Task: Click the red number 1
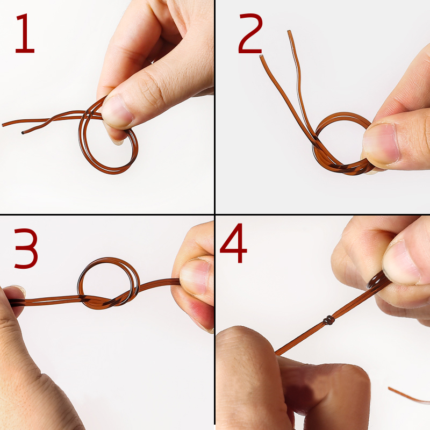[x=25, y=33]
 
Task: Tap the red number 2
[x=250, y=33]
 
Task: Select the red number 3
[x=26, y=248]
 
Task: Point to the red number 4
[x=233, y=243]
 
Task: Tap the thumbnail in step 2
[x=381, y=144]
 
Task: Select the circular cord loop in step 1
[x=109, y=170]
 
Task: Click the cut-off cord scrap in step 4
[x=408, y=396]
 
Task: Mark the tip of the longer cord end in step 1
[x=3, y=125]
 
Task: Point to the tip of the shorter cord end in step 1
[x=23, y=133]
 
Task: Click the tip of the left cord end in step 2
[x=261, y=56]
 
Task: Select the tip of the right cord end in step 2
[x=289, y=32]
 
